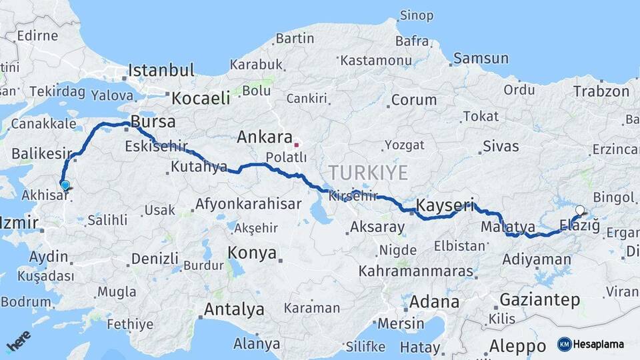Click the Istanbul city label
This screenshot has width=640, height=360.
[x=161, y=70]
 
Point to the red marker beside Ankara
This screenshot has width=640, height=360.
[x=297, y=143]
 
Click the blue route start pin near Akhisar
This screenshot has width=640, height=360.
[x=65, y=185]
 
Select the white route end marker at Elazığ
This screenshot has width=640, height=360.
[x=579, y=210]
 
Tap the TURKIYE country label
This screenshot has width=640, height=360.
[x=367, y=173]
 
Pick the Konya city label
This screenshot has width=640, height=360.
[x=252, y=253]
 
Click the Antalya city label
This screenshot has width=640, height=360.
[x=233, y=309]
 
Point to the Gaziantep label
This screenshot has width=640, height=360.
[x=539, y=300]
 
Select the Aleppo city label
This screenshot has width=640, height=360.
[x=518, y=346]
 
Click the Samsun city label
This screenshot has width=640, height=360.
[x=481, y=59]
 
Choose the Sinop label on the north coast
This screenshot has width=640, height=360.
[x=416, y=15]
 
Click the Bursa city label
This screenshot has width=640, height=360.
[x=153, y=122]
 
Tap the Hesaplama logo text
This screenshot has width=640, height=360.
[x=598, y=345]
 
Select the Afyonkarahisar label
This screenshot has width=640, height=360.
[x=249, y=204]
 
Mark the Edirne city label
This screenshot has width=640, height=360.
[x=37, y=35]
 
